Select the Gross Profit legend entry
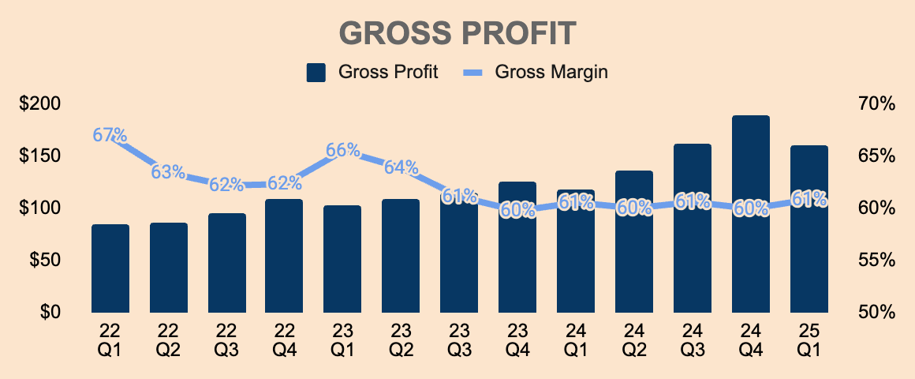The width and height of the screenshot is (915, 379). pos(372,72)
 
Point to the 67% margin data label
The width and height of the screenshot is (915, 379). pos(110,135)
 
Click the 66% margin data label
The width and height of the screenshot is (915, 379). pos(342,150)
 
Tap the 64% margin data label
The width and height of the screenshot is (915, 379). pos(401,167)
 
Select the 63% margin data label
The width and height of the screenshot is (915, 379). pos(168,171)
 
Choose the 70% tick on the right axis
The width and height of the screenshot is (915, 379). pos(876,104)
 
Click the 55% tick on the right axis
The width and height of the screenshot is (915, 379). pos(876,260)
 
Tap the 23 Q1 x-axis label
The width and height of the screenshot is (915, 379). pos(342,338)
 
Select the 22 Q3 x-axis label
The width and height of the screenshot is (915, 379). pos(226,338)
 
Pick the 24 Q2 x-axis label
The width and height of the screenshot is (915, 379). pos(633,338)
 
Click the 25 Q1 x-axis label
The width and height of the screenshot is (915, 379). pos(809,338)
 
